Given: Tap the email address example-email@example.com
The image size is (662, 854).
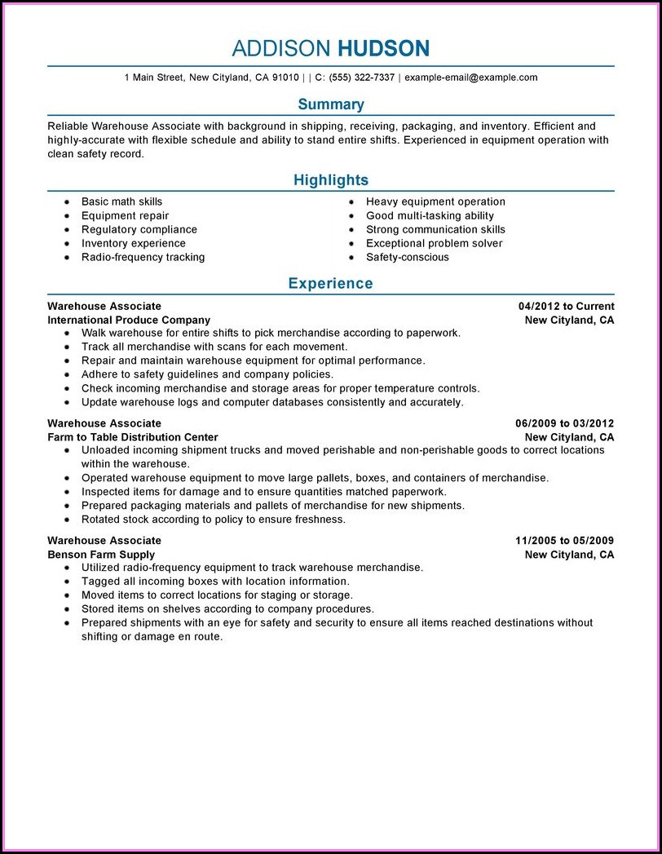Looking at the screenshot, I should [470, 77].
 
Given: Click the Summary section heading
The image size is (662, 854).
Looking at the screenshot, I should [331, 104].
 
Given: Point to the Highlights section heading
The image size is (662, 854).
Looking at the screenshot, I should [331, 180].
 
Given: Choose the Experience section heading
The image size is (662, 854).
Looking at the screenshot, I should [331, 284].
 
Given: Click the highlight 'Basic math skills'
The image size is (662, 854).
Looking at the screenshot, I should [121, 201].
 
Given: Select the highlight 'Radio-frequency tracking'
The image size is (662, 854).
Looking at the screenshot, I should [143, 257].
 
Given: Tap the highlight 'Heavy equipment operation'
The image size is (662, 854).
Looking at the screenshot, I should [435, 201].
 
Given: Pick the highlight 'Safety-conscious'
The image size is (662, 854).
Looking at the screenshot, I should [407, 257].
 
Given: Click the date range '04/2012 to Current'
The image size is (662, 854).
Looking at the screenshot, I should [566, 306].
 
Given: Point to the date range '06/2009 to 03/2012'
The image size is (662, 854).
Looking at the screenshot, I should [564, 423].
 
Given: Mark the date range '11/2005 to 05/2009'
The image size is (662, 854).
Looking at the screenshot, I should [564, 541].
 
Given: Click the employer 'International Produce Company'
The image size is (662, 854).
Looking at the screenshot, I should [129, 320].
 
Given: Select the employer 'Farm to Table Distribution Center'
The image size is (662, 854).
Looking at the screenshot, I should [133, 437].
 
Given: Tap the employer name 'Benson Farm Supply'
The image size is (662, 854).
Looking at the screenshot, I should [101, 555].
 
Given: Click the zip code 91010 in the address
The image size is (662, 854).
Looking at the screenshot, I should [285, 77].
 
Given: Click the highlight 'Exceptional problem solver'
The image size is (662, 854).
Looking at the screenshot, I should [434, 243].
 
